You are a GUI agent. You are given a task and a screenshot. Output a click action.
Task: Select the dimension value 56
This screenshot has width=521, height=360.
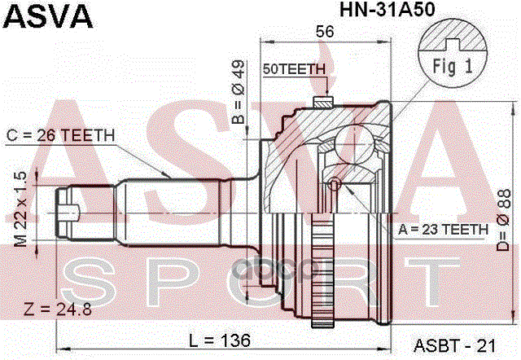[326, 33]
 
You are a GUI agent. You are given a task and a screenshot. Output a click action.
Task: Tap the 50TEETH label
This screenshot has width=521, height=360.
[295, 69]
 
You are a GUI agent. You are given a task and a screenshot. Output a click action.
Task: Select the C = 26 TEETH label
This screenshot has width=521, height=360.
[61, 135]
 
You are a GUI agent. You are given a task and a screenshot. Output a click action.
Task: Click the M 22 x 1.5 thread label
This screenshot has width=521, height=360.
[23, 209]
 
